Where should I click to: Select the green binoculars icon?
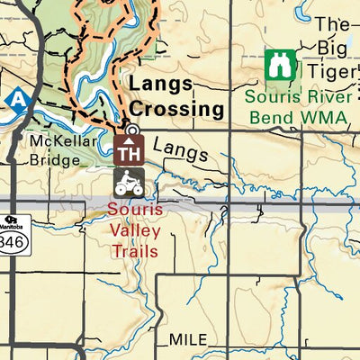280,66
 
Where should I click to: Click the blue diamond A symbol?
15,97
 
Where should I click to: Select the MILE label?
187,339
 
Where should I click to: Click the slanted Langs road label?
180,149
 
